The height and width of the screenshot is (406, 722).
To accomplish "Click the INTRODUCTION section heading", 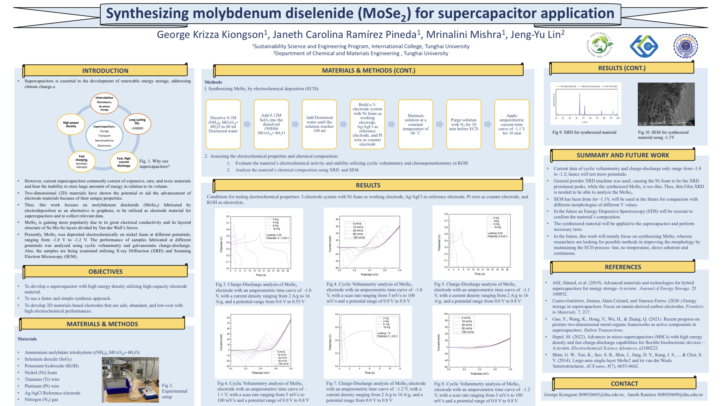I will click(x=105, y=71).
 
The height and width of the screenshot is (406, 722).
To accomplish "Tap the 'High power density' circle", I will click(x=71, y=124).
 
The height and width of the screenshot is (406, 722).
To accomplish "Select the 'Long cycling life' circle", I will click(x=137, y=124).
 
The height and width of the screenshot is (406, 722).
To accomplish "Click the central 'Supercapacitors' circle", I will click(x=104, y=136).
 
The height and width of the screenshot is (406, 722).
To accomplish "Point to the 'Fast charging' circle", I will click(x=82, y=162).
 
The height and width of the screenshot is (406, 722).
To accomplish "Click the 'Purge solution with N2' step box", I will click(x=463, y=124).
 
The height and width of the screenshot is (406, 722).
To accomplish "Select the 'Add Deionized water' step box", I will click(x=319, y=124).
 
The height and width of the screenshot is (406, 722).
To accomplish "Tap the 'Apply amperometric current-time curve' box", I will click(x=512, y=124).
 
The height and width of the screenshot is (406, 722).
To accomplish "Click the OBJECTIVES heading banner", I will click(x=105, y=271).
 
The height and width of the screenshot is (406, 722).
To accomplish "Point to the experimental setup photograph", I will click(x=130, y=380).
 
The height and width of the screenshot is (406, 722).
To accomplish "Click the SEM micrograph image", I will click(x=666, y=104).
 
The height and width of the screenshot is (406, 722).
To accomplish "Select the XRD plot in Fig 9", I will click(x=586, y=104).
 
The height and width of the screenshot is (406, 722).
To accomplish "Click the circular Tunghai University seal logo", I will click(x=685, y=46).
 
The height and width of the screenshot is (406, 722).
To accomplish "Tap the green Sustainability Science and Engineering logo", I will click(x=600, y=45).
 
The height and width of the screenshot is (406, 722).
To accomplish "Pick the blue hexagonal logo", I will click(x=644, y=46).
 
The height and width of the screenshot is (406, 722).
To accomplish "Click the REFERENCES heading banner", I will click(x=623, y=267).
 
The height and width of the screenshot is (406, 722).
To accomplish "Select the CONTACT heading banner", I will click(x=624, y=384).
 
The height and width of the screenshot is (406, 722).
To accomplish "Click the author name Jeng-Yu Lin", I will click(x=537, y=34).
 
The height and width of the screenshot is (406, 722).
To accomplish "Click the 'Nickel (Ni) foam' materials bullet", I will click(x=41, y=372).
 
